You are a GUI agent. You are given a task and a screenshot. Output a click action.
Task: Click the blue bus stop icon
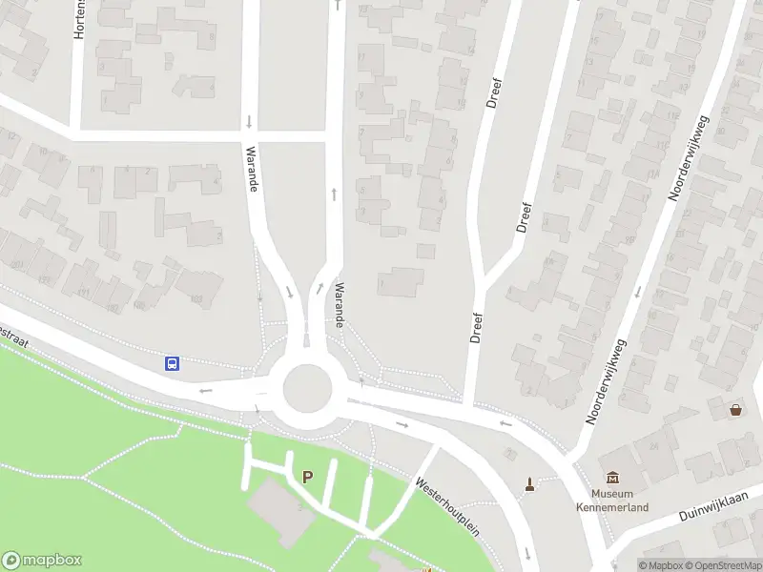[173, 363]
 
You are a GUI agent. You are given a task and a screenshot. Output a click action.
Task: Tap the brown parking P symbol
[307, 477]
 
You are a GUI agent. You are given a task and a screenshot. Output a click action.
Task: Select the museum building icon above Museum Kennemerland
[611, 478]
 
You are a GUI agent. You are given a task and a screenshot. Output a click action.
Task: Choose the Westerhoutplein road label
[445, 503]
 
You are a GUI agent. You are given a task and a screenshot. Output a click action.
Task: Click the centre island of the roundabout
[307, 389]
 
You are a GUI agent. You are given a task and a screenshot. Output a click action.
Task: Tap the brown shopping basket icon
[736, 410]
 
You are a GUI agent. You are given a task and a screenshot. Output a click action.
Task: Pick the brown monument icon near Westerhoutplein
[529, 484]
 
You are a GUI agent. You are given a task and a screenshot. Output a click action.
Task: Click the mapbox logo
[42, 561]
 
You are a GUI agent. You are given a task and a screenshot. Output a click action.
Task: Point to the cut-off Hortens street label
[79, 19]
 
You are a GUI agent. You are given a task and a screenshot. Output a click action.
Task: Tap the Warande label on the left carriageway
[252, 169]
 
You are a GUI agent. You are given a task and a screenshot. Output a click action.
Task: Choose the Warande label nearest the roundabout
[338, 304]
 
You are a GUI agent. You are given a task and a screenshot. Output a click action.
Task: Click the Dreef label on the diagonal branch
[523, 217]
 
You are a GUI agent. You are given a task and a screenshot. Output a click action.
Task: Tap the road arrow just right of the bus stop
[203, 390]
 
